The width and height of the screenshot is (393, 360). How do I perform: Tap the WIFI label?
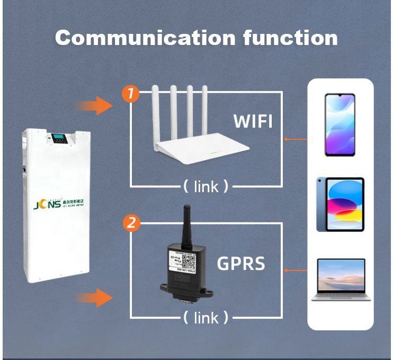tap(253, 121)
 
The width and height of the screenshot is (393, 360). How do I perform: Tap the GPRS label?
tap(241, 264)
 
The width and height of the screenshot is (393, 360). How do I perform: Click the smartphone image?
tap(340, 125)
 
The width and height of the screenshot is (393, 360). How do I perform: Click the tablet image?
tap(340, 204)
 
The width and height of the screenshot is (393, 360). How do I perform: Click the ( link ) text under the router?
tap(206, 186)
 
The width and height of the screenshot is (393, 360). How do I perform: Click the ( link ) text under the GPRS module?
tap(206, 318)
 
